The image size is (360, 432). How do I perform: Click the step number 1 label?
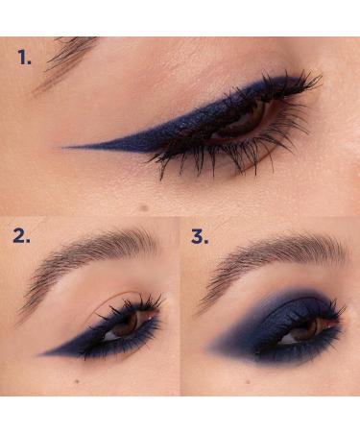[x=25, y=58]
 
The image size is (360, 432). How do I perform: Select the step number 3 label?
[x=199, y=236]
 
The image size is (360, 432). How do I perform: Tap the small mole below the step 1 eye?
[x=143, y=207]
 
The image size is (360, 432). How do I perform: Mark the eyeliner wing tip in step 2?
[x=43, y=353]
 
